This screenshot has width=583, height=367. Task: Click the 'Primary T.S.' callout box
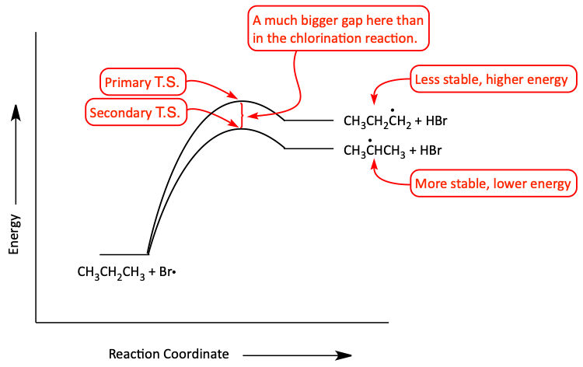tap(143, 82)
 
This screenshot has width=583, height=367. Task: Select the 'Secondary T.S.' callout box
tap(136, 112)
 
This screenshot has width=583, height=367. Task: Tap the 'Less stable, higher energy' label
tap(494, 79)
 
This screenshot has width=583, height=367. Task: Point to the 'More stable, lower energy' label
tap(494, 183)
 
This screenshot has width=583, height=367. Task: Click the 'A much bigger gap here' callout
tap(339, 29)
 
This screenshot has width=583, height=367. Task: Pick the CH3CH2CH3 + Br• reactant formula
tap(127, 272)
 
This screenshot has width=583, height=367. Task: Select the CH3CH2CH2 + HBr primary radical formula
tap(395, 120)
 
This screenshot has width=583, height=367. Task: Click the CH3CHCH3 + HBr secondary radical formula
tap(393, 149)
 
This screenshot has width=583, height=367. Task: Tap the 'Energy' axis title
tap(14, 234)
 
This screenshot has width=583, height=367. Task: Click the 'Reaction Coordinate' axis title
tap(169, 354)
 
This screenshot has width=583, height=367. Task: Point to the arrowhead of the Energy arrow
tap(16, 111)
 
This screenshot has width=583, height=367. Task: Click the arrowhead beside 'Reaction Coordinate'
tap(343, 355)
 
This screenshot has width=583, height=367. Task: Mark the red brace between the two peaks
tap(243, 116)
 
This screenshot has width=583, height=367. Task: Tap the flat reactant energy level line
tap(124, 255)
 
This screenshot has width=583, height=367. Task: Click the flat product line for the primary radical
tap(309, 120)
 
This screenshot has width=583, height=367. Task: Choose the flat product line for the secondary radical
tap(309, 149)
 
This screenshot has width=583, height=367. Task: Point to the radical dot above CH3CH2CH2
tap(393, 110)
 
